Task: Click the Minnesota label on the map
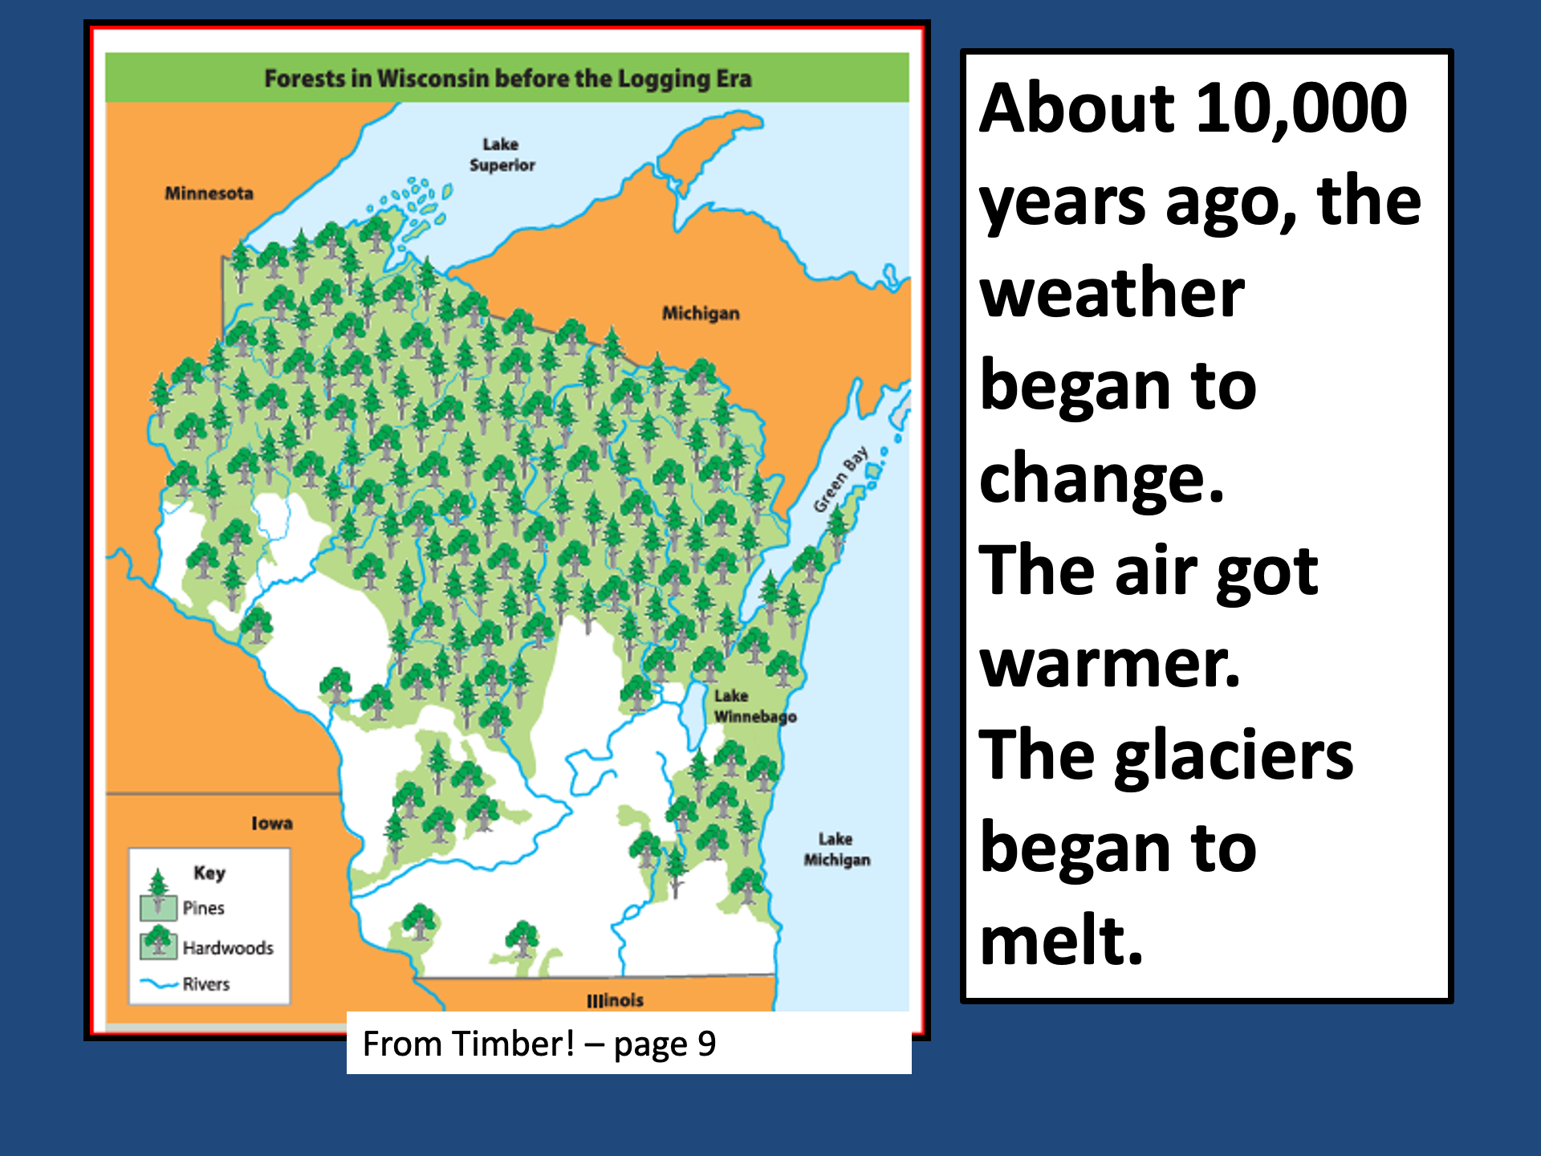[209, 193]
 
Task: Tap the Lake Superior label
[502, 154]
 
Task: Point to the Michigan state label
[701, 313]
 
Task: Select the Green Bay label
[840, 479]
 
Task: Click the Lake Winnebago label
[755, 706]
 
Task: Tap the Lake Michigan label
[836, 849]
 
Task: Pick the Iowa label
[272, 823]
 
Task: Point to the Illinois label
[615, 1000]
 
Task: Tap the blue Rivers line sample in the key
[159, 983]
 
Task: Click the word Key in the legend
[209, 873]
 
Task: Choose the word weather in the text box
[1112, 293]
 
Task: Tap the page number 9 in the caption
[706, 1044]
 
